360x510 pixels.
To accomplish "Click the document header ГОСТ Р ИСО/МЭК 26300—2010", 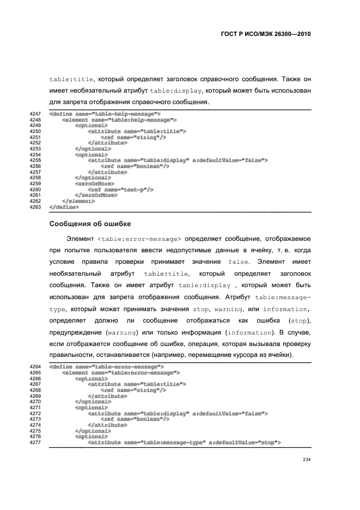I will pyautogui.click(x=263, y=33).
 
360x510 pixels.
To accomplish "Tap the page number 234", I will pyautogui.click(x=306, y=476).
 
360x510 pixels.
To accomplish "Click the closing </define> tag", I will pyautogui.click(x=64, y=207).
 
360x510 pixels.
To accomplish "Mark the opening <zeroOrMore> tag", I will pyautogui.click(x=94, y=184).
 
